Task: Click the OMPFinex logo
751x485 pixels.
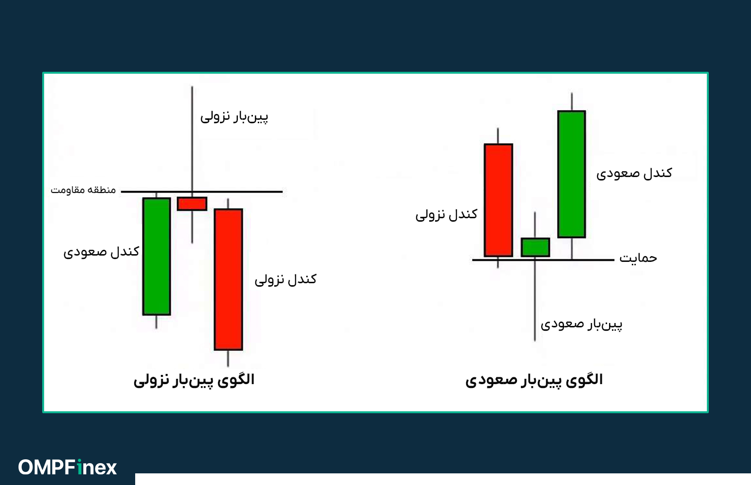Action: point(68,468)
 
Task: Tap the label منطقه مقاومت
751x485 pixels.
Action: point(83,190)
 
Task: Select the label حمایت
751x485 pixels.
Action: point(638,258)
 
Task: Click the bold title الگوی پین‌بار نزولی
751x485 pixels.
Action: point(194,380)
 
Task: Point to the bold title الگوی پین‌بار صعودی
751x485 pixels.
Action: point(534,380)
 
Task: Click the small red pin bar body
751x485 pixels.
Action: point(192,204)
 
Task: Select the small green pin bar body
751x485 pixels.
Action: point(535,247)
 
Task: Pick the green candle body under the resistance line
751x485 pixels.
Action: point(156,256)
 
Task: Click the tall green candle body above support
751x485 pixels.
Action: point(572,174)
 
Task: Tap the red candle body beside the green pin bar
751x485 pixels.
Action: point(498,200)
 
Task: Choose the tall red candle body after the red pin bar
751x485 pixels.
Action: point(228,279)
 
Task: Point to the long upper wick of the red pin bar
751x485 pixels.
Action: point(192,141)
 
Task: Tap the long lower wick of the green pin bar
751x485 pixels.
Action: point(535,301)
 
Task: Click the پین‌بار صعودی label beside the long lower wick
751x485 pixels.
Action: point(581,324)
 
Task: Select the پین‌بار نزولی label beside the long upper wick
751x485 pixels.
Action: point(234,117)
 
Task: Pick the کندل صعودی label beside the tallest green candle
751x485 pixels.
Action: point(634,174)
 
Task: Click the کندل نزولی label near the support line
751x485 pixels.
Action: point(446,214)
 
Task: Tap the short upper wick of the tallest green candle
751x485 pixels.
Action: point(572,102)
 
